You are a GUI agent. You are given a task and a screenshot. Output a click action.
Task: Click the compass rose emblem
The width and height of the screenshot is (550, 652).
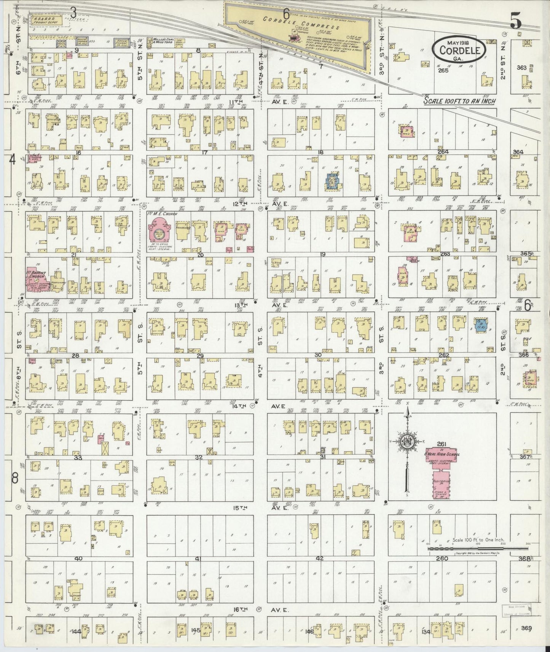point(407,441)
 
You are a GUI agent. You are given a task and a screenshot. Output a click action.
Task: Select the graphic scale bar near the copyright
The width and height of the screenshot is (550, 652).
point(478,548)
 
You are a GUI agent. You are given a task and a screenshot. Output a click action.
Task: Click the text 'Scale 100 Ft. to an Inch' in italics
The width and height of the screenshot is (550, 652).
point(460,101)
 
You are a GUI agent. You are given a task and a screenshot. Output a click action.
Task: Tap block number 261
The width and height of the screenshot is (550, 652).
point(442,444)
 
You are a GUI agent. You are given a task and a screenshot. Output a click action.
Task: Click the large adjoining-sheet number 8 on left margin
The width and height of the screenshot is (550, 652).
point(14,478)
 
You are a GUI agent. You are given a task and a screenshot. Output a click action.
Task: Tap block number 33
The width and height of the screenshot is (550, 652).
point(78,458)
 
